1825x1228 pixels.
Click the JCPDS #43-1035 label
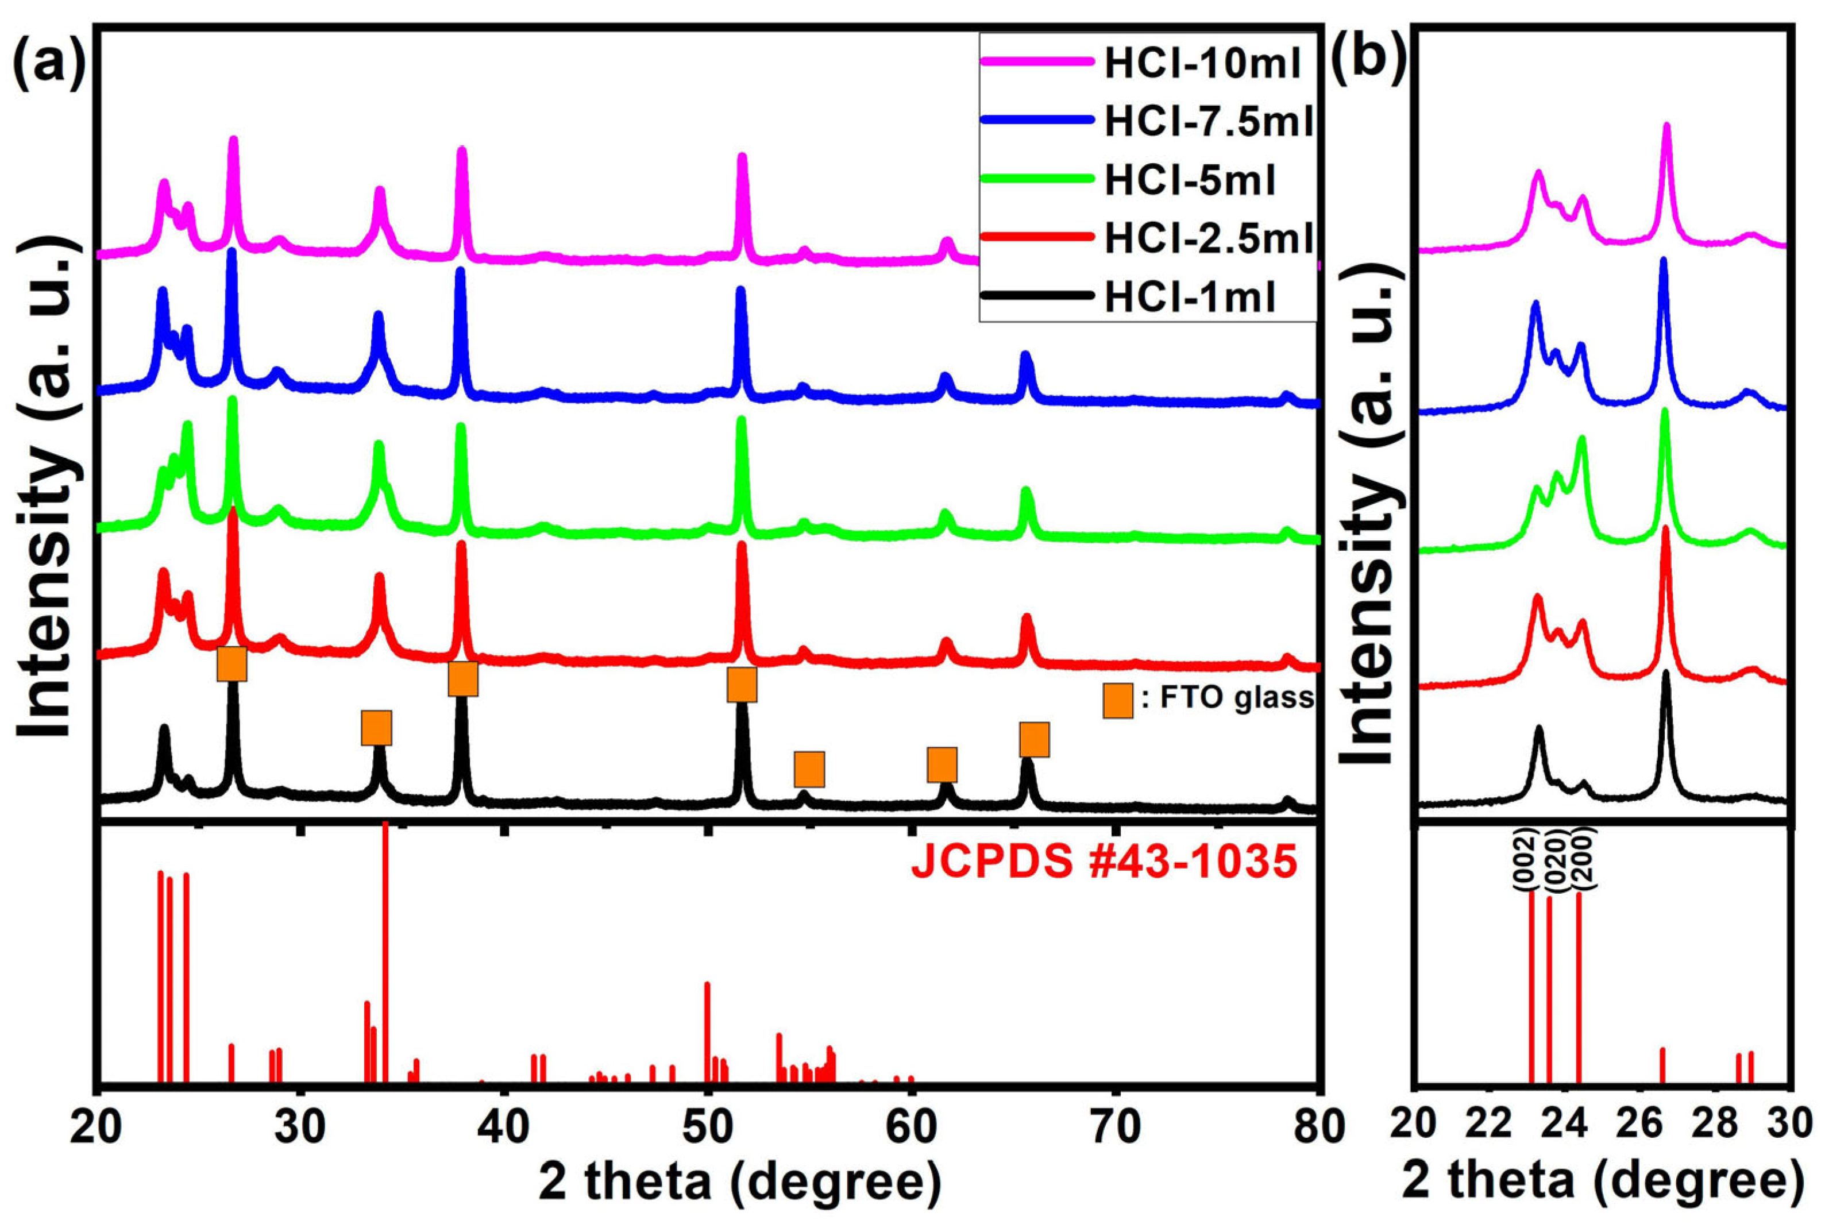tap(1105, 864)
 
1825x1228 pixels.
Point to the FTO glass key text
tap(1226, 698)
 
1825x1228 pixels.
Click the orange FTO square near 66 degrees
tap(1034, 739)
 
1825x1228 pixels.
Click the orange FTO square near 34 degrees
tap(376, 728)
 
